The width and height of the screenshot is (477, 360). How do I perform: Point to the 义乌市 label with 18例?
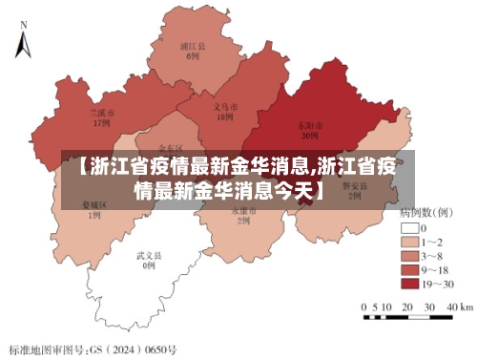pyautogui.click(x=224, y=113)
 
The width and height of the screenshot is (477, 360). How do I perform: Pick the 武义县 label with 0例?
pyautogui.click(x=148, y=261)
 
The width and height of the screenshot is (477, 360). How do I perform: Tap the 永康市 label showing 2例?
pyautogui.click(x=239, y=215)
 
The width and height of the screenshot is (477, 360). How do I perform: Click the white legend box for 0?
pyautogui.click(x=411, y=229)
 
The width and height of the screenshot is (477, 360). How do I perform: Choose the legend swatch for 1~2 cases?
pyautogui.click(x=411, y=244)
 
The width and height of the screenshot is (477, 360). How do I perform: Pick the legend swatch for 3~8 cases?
pyautogui.click(x=411, y=257)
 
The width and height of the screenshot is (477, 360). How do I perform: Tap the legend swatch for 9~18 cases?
pyautogui.click(x=411, y=270)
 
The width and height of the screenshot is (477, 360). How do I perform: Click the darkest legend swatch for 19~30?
pyautogui.click(x=411, y=284)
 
